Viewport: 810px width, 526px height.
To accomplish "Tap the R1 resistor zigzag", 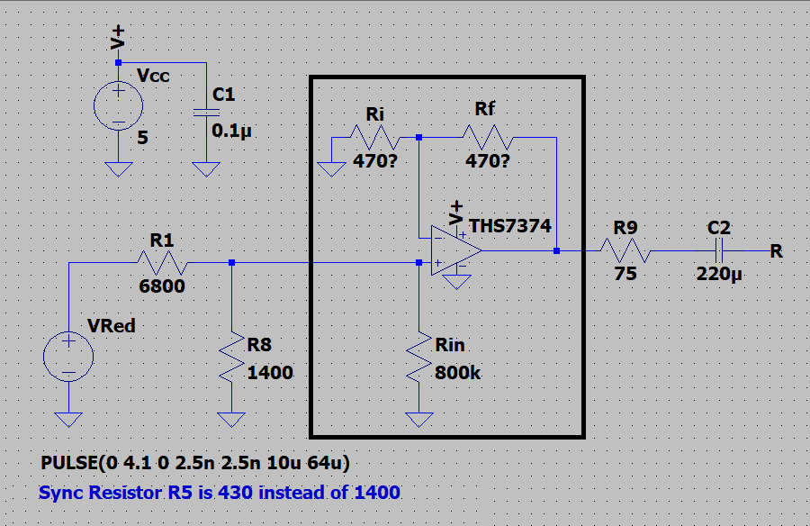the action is click(x=162, y=263).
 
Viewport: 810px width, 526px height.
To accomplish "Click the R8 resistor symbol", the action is click(x=232, y=358).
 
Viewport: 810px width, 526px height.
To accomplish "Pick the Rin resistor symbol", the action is click(x=418, y=358).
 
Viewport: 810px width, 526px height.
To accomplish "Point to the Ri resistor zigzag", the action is click(x=375, y=138).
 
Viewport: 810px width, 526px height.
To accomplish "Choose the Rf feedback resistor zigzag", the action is click(x=487, y=138).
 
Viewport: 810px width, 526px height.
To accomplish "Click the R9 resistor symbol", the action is click(x=625, y=251).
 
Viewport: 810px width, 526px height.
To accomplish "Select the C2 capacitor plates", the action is click(x=718, y=251).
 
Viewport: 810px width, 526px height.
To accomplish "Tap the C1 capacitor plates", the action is click(x=206, y=113).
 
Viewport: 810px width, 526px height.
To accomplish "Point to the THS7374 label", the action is click(x=510, y=225).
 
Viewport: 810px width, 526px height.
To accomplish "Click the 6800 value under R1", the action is click(x=162, y=286).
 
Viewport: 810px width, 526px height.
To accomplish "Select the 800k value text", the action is click(x=458, y=372).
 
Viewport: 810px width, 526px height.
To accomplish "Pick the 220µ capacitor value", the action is click(x=719, y=274).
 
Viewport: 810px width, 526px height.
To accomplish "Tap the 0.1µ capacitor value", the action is click(x=231, y=131).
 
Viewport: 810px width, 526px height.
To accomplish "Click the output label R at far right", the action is click(x=777, y=251).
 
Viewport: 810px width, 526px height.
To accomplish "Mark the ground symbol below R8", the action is click(x=231, y=420).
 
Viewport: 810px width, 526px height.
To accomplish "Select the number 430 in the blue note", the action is click(x=236, y=493).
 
